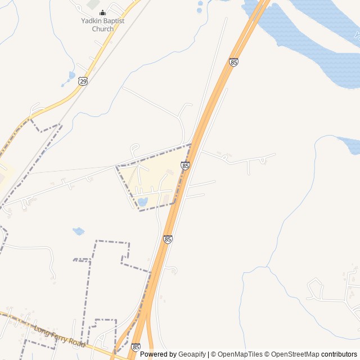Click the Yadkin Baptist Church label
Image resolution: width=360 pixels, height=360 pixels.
[102, 25]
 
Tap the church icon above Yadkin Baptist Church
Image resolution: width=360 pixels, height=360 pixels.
[102, 12]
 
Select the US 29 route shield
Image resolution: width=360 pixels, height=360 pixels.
[83, 82]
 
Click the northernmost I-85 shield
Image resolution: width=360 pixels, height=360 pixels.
[233, 62]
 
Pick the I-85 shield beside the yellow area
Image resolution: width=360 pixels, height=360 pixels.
[185, 165]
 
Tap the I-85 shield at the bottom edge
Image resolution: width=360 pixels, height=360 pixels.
[136, 348]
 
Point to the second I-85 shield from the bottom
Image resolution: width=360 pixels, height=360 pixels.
[168, 239]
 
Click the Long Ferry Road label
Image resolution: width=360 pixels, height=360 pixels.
[59, 336]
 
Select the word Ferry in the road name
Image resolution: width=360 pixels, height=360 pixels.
[58, 336]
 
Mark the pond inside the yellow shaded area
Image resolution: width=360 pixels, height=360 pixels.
[142, 201]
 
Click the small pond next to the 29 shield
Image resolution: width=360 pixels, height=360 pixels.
[71, 75]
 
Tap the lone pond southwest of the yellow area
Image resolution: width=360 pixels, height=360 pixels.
[79, 231]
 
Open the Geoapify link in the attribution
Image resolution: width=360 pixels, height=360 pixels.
[192, 354]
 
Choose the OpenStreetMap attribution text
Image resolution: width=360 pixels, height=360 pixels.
[295, 354]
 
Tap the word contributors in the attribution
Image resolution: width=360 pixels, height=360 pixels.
[339, 354]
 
